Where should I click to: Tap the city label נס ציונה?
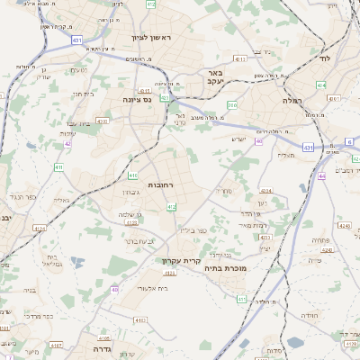pyautogui.click(x=137, y=99)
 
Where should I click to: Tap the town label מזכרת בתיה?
pyautogui.click(x=226, y=267)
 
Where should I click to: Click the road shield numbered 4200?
pyautogui.click(x=102, y=120)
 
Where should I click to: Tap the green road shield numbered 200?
pyautogui.click(x=232, y=105)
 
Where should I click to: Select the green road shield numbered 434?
pyautogui.click(x=321, y=85)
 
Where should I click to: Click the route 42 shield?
pyautogui.click(x=67, y=143)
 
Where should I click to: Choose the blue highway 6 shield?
pyautogui.click(x=350, y=142)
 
